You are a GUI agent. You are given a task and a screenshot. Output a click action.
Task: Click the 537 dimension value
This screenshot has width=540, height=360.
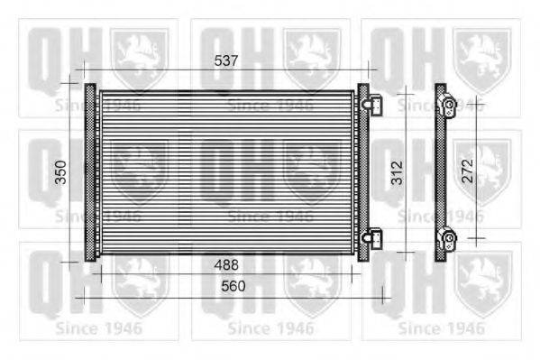[226, 60]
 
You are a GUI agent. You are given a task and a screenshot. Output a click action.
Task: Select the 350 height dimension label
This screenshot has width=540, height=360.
[61, 172]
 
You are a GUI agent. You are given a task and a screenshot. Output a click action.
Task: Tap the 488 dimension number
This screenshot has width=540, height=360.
[226, 265]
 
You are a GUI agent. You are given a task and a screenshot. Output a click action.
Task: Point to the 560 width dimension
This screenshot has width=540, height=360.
[233, 286]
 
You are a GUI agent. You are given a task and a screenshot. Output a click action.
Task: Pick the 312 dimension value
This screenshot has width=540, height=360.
[397, 172]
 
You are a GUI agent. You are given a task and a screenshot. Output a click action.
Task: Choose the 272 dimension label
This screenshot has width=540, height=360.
[467, 171]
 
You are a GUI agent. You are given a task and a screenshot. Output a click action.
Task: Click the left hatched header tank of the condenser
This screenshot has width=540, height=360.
[90, 172]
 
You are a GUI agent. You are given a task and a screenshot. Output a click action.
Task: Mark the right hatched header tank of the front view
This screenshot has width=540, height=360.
[363, 172]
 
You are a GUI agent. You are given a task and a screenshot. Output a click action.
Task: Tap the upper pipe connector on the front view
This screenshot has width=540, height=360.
[372, 106]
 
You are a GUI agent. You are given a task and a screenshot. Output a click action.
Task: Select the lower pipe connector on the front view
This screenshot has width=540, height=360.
[372, 237]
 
